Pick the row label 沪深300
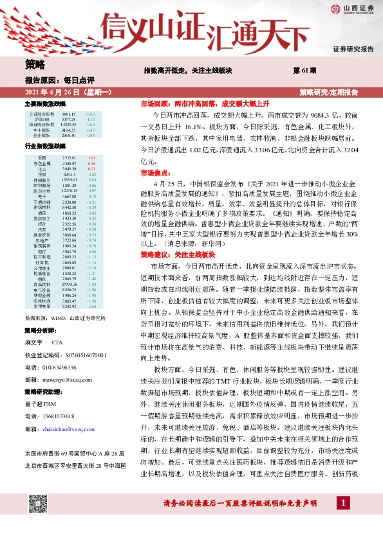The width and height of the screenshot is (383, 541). point(42,119)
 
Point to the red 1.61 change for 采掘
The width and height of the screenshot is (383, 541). point(91,157)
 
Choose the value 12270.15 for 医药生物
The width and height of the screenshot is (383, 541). point(69,191)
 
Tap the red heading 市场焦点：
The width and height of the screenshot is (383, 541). point(154,173)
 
